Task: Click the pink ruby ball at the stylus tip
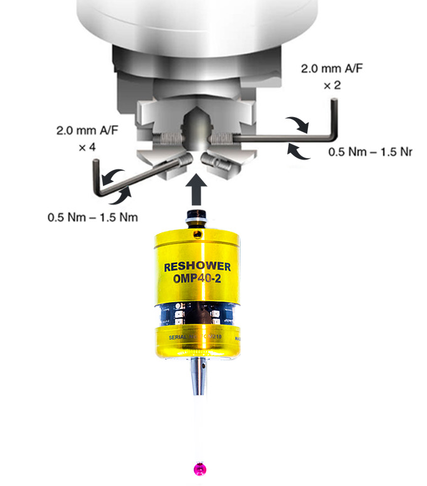201,469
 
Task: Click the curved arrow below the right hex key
298,151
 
